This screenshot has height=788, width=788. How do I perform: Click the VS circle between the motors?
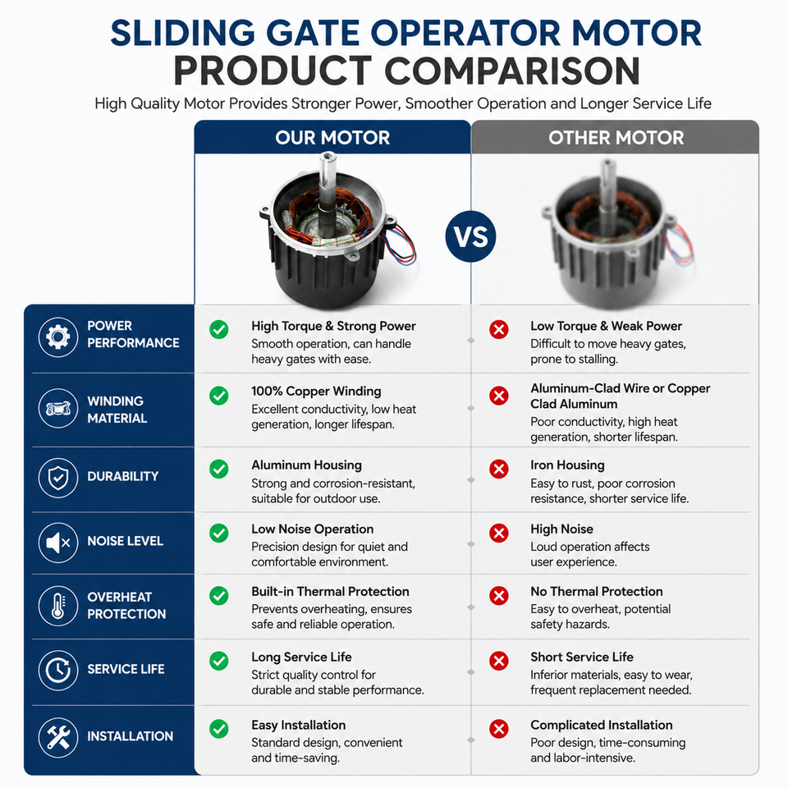(470, 236)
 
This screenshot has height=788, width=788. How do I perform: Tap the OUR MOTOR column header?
(332, 138)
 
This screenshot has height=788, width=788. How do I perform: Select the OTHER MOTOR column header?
(616, 138)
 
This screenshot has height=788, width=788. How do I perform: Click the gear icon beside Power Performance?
(58, 337)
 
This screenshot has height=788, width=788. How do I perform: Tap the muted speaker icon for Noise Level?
(58, 543)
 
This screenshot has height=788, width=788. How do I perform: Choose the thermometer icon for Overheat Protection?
(58, 606)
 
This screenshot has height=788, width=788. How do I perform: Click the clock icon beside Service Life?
(58, 670)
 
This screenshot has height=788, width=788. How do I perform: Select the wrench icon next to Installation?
(58, 737)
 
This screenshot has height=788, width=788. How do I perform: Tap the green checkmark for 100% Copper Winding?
(219, 396)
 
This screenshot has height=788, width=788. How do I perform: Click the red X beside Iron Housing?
(498, 469)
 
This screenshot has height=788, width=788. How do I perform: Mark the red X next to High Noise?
(498, 533)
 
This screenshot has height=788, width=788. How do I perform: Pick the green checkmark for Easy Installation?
(219, 729)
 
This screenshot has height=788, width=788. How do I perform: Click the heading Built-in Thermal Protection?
(330, 592)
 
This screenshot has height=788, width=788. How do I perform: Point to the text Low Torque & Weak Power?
(606, 326)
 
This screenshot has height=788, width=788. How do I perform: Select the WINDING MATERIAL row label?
(117, 410)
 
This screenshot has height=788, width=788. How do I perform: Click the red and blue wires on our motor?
(401, 244)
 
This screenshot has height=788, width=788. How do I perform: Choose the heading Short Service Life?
(582, 657)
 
